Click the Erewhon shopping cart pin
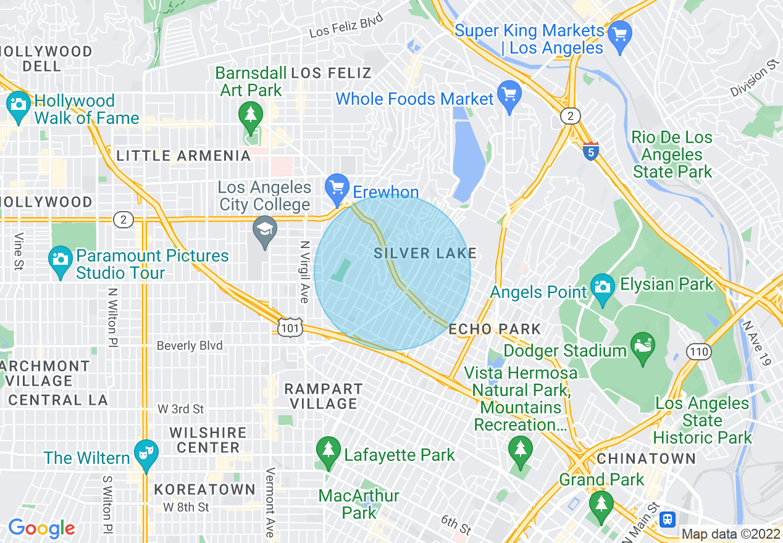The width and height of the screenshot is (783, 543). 337,188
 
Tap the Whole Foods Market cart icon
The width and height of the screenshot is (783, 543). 509,96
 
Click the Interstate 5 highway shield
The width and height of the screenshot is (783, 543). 591,151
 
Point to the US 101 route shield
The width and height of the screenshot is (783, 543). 290,328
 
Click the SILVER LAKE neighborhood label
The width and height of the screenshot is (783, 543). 425,253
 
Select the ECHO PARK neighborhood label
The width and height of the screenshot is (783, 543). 495,330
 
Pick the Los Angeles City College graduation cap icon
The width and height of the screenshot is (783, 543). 265,230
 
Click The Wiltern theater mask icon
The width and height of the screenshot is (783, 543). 146,454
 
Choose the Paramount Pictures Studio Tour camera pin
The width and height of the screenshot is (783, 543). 61,260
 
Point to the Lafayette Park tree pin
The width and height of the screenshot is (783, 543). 328,452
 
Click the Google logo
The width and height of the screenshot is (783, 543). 41,528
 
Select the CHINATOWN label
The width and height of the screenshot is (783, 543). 646,458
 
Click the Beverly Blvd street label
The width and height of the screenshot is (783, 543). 190,346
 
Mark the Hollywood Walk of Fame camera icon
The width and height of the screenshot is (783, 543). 18,105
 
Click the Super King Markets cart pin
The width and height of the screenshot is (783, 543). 619,35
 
